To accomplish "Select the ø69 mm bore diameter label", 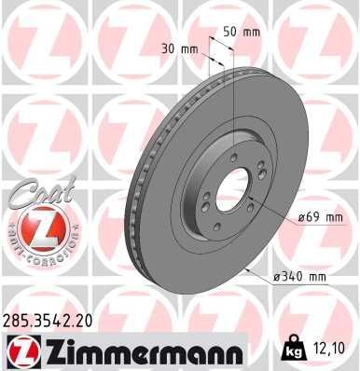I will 320,217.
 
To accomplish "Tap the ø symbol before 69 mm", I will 302,217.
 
